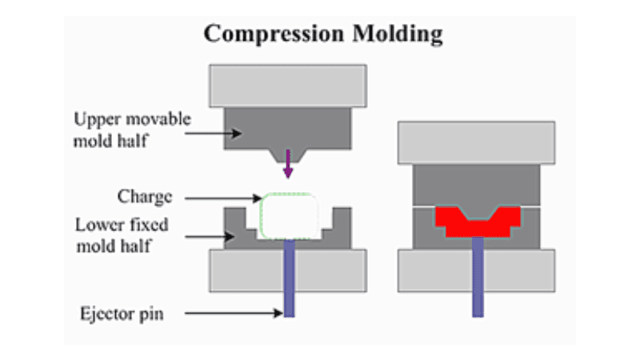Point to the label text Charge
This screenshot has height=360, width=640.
point(144,196)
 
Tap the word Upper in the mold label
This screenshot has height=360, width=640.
point(95,119)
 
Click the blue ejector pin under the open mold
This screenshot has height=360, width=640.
point(288,280)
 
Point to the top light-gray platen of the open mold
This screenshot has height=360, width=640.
point(287,85)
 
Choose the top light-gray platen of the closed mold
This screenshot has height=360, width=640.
point(477,142)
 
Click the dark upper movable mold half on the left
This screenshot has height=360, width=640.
point(287,128)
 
